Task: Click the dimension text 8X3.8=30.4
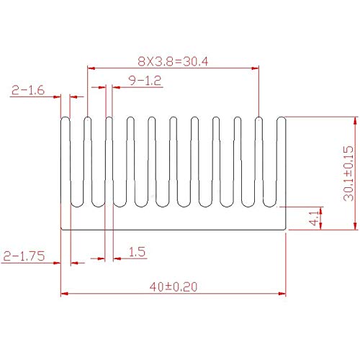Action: point(173,61)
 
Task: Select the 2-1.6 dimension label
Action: point(27,90)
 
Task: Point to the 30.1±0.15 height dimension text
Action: point(348,173)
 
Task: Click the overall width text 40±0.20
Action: point(173,286)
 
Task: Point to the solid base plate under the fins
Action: point(173,219)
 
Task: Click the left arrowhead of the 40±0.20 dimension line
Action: point(64,294)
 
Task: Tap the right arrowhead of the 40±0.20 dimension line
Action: point(283,294)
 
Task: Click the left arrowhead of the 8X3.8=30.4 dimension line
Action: point(90,69)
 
